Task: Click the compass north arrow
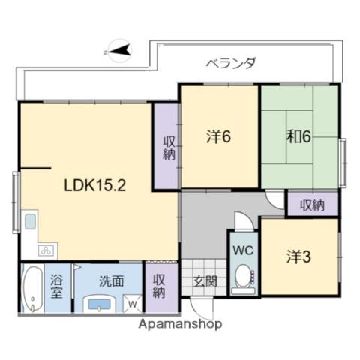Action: point(121,52)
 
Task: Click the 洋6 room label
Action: point(219,137)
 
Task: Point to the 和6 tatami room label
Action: point(298,137)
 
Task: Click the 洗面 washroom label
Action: point(112,282)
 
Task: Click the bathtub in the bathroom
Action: point(31,289)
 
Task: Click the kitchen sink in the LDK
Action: point(30,222)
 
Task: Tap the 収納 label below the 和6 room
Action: point(313,204)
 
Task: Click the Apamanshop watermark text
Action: point(180,325)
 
